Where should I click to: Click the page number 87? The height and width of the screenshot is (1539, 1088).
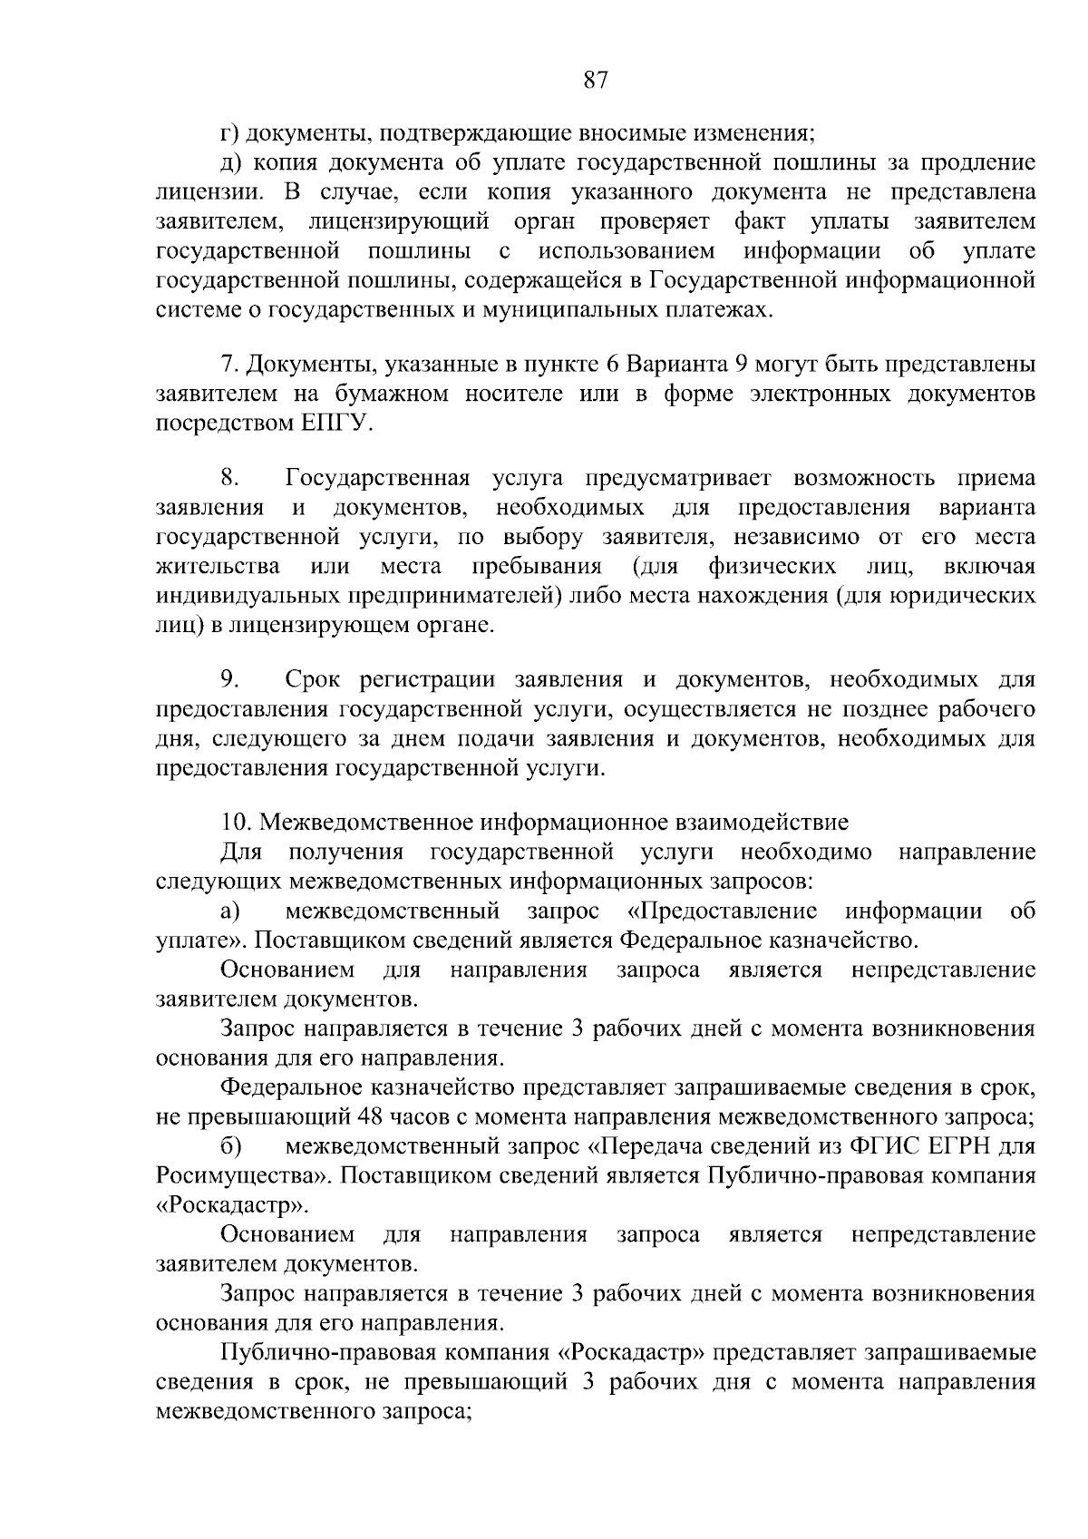tap(595, 81)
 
